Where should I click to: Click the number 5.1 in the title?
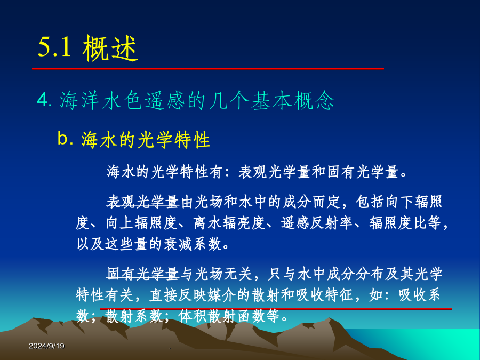55,47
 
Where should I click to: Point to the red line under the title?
208,69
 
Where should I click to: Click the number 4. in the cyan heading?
45,100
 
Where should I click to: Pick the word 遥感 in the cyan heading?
165,100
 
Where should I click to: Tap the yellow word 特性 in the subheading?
192,140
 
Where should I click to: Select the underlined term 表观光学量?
142,202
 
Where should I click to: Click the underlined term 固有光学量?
142,274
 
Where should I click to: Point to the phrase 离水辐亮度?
229,223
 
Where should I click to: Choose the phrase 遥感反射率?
317,223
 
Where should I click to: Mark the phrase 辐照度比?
397,223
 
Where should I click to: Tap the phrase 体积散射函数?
222,316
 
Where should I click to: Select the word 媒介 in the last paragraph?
222,295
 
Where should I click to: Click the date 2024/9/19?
46,346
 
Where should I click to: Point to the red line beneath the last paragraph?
276,309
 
